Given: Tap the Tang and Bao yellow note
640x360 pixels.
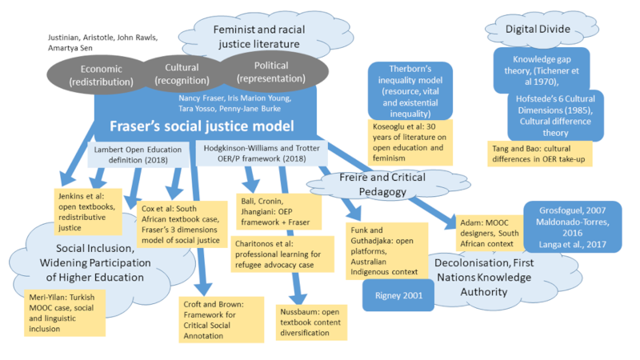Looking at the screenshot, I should coord(539,154).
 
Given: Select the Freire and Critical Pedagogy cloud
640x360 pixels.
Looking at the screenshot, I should coord(380,184).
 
